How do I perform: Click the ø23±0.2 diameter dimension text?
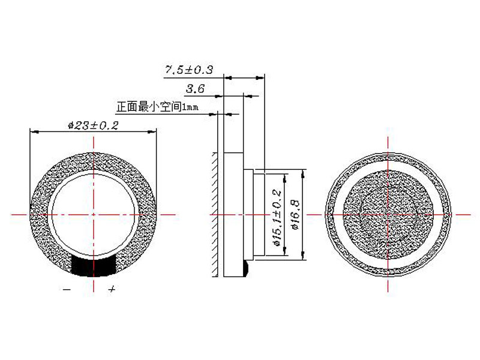point(94,125)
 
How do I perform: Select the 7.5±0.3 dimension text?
point(190,70)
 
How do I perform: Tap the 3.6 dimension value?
point(196,89)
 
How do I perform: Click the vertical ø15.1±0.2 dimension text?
point(277,218)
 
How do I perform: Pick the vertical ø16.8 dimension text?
point(295,214)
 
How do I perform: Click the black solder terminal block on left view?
point(94,265)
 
